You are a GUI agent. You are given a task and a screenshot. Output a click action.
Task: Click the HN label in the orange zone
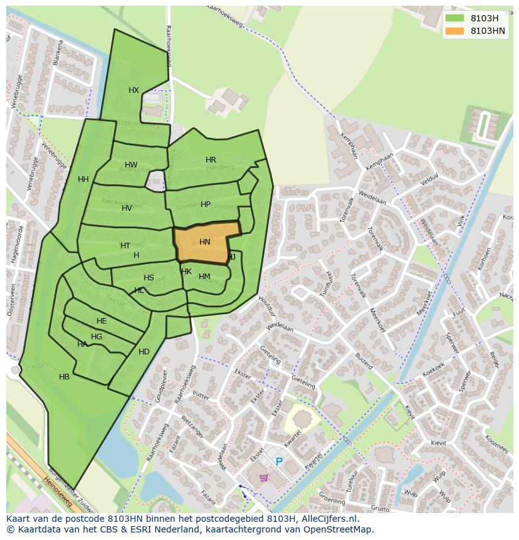point(205,242)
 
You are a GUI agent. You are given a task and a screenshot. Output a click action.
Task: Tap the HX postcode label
point(134,90)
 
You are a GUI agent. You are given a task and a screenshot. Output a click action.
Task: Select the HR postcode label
point(211,160)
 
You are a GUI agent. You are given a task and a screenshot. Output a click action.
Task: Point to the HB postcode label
point(64,377)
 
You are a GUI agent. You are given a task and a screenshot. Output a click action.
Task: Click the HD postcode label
point(144,352)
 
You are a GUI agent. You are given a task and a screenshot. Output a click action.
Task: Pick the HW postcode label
point(130,165)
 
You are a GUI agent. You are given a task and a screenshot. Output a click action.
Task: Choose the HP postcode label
point(206,204)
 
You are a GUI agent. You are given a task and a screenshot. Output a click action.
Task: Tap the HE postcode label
point(102,321)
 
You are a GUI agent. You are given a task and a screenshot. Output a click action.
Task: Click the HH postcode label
point(83,179)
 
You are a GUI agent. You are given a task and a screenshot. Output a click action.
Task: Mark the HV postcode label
point(127,208)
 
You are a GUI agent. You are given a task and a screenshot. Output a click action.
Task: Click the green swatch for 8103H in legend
point(454,18)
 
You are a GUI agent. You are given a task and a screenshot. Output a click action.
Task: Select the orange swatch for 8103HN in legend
point(454,31)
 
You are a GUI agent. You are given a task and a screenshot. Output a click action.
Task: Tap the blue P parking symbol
point(279,462)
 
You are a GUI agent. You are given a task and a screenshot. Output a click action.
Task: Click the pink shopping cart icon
point(264,477)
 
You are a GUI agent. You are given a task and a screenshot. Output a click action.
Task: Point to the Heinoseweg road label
point(58,492)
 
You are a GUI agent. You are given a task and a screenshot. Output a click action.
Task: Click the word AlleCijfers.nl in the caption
point(328,519)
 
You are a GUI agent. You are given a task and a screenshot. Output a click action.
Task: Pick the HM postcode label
point(204,277)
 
